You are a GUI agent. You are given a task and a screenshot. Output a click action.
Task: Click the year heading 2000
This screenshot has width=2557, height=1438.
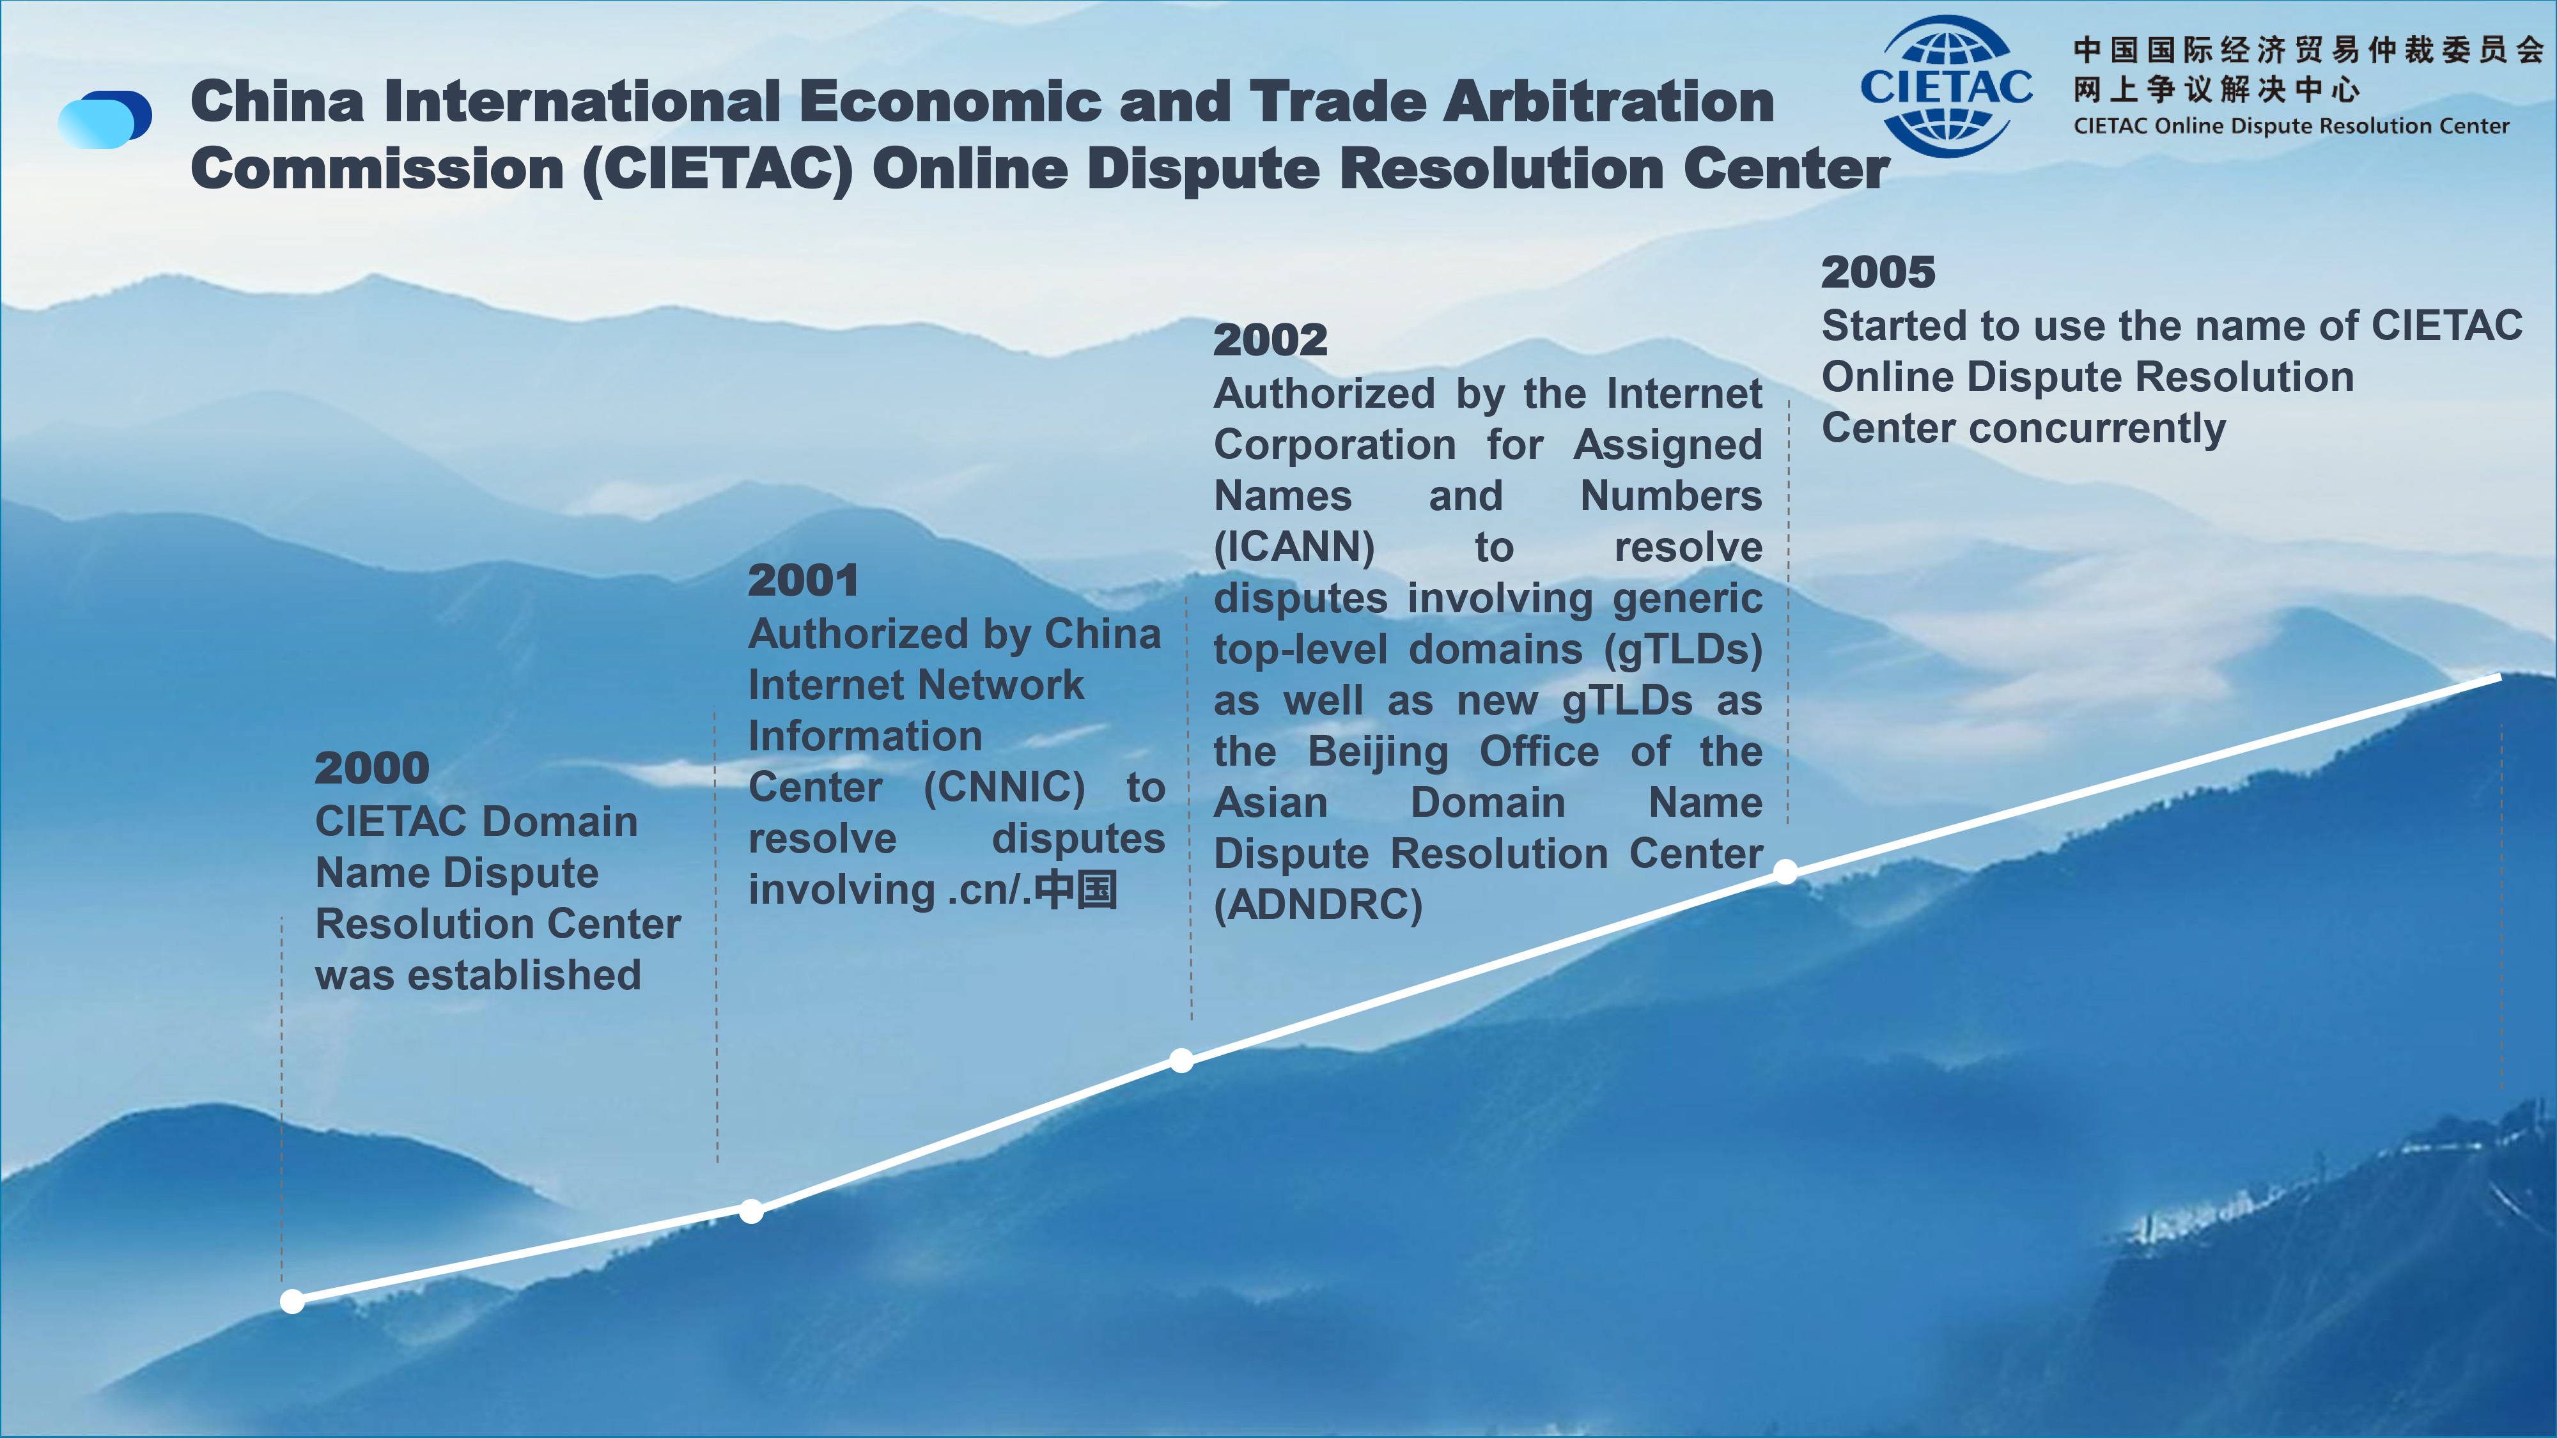click(371, 768)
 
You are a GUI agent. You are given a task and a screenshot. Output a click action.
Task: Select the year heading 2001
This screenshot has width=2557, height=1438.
click(803, 580)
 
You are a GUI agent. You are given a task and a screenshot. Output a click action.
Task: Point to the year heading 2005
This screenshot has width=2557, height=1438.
click(1878, 272)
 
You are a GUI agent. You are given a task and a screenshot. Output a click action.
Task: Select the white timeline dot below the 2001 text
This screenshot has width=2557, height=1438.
click(751, 1210)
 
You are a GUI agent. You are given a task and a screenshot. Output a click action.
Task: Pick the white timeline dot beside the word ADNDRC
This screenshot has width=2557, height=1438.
click(1785, 871)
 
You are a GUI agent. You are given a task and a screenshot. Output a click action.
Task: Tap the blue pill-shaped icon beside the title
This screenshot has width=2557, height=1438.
click(105, 119)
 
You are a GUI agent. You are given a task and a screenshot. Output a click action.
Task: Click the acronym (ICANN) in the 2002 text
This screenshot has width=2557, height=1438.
click(1294, 547)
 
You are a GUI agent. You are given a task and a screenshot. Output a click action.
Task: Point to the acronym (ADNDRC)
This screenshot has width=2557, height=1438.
click(1318, 904)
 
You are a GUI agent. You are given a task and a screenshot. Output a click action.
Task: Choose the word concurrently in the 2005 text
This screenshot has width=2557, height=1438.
click(2097, 429)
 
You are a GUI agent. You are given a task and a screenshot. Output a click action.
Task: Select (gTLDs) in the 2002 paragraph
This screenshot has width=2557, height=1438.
click(1684, 650)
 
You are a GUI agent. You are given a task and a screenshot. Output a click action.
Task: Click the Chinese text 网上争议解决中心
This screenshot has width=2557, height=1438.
click(2216, 89)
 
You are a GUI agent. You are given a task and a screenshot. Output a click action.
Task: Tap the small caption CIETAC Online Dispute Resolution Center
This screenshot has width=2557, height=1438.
click(2291, 126)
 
